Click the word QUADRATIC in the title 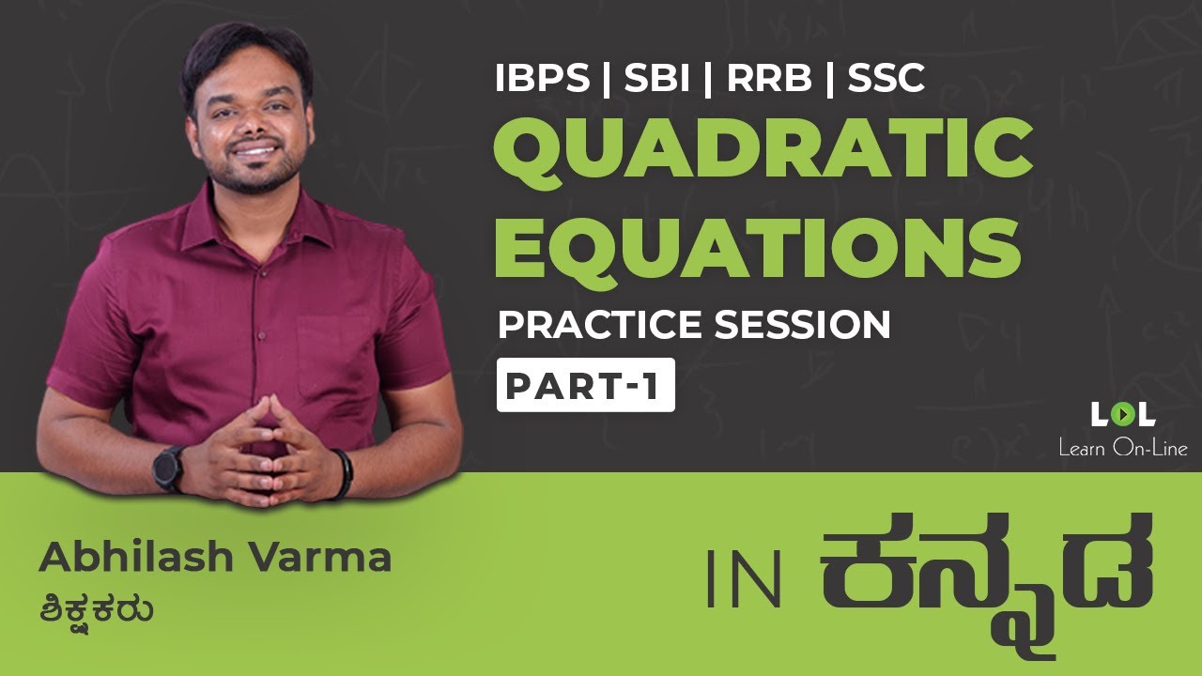click(x=763, y=154)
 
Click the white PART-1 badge click(x=585, y=386)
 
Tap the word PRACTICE click(x=601, y=325)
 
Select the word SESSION click(x=802, y=325)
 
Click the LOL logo click(x=1122, y=414)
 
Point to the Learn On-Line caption click(x=1122, y=448)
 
